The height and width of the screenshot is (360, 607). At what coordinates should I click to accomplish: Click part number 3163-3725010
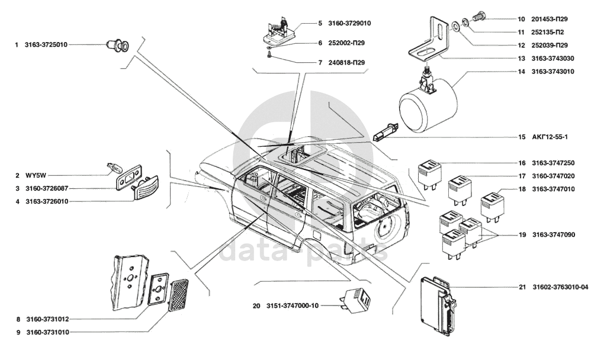[x=46, y=44]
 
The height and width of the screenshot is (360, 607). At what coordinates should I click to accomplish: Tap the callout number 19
[x=522, y=234]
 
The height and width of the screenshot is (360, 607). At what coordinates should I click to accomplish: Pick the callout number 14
[x=522, y=72]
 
